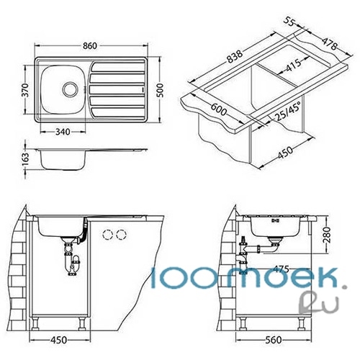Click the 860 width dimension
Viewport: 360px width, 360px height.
90,45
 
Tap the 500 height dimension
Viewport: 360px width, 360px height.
160,90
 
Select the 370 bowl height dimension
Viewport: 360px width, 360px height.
27,90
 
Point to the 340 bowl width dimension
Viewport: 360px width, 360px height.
63,132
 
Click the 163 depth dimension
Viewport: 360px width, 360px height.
25,159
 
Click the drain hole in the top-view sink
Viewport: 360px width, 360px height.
71,89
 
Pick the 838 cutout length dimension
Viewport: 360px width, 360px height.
235,56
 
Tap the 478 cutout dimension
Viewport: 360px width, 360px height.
330,43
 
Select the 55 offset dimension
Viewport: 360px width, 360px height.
289,21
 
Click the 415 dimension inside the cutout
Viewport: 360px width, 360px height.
292,66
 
